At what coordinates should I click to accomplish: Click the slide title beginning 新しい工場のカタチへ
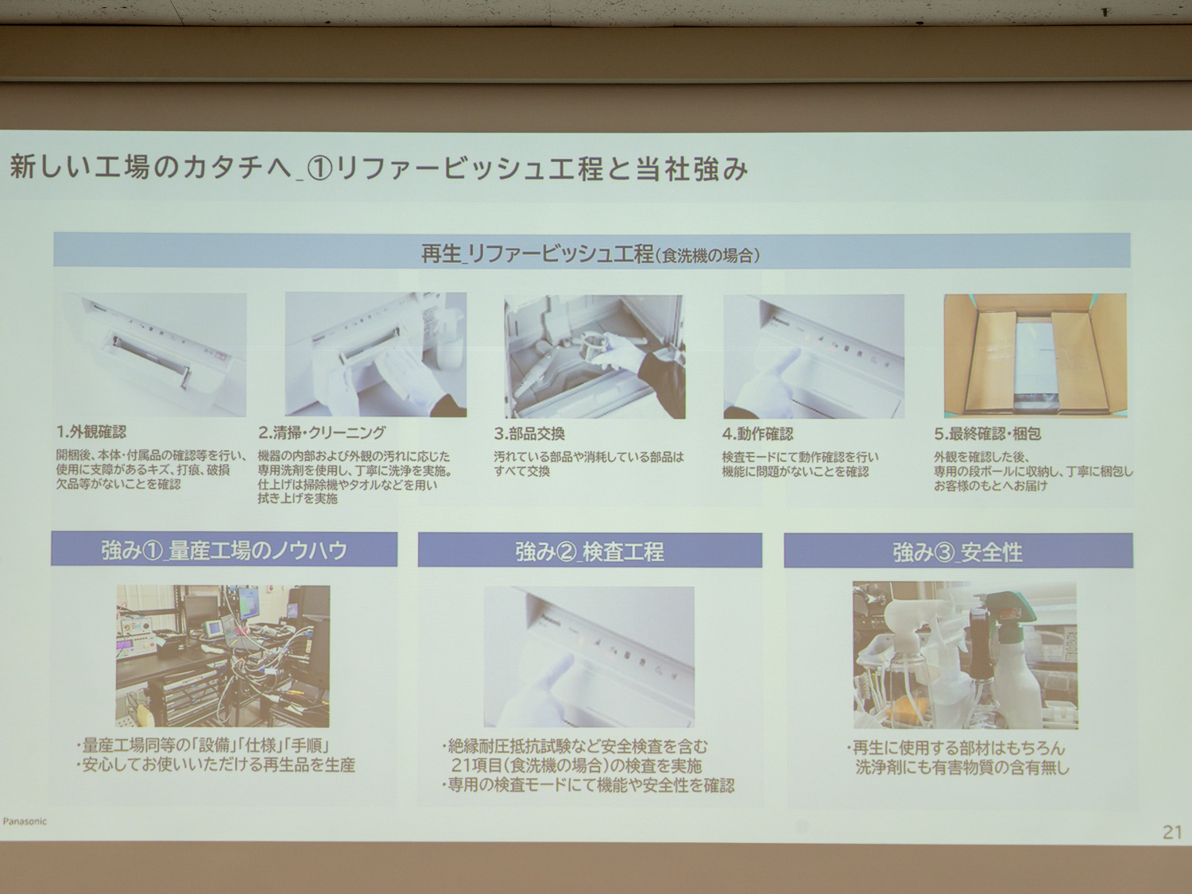(x=378, y=168)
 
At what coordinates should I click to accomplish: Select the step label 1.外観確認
(x=91, y=432)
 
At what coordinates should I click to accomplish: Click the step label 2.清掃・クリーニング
(x=321, y=432)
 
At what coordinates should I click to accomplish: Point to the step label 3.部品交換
(x=529, y=434)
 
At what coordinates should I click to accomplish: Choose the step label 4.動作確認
(x=757, y=434)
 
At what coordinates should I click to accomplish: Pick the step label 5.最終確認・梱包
(x=987, y=434)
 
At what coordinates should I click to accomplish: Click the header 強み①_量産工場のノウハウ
(x=224, y=550)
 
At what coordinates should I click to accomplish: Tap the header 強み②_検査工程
(x=590, y=551)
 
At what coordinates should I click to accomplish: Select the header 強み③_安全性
(x=958, y=551)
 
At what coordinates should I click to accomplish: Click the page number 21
(x=1172, y=832)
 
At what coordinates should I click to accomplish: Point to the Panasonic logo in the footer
(x=25, y=821)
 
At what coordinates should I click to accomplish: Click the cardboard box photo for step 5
(x=1035, y=355)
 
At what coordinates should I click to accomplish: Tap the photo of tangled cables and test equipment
(x=223, y=656)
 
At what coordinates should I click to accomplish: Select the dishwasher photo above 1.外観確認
(x=155, y=354)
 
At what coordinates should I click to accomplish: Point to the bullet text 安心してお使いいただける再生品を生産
(x=219, y=765)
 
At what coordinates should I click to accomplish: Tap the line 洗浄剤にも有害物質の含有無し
(x=962, y=768)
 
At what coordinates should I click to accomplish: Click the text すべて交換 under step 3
(x=522, y=471)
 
